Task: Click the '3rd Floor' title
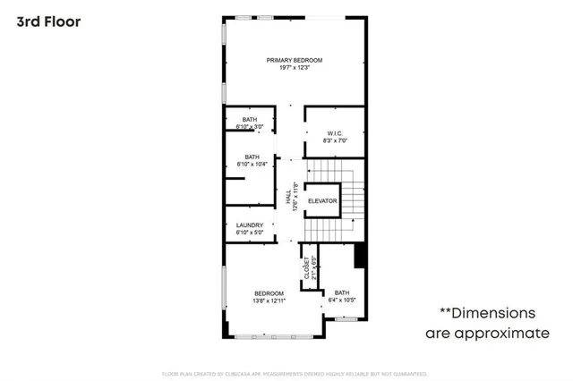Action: (x=48, y=21)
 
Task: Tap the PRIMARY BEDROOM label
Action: (x=294, y=60)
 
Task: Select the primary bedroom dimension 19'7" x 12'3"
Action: (x=294, y=68)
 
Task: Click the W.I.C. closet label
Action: (x=335, y=133)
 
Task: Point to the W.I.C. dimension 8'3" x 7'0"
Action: (x=335, y=141)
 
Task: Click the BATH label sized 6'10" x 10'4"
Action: (x=252, y=157)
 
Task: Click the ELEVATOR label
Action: (x=322, y=201)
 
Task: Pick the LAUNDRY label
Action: (x=250, y=224)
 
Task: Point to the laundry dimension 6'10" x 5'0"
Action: (x=250, y=233)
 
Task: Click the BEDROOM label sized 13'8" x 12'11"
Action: (x=269, y=293)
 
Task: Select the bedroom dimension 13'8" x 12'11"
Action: (x=269, y=301)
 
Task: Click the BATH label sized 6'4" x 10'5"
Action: (x=342, y=292)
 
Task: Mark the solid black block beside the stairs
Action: (x=361, y=255)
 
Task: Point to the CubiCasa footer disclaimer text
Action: (x=294, y=373)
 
